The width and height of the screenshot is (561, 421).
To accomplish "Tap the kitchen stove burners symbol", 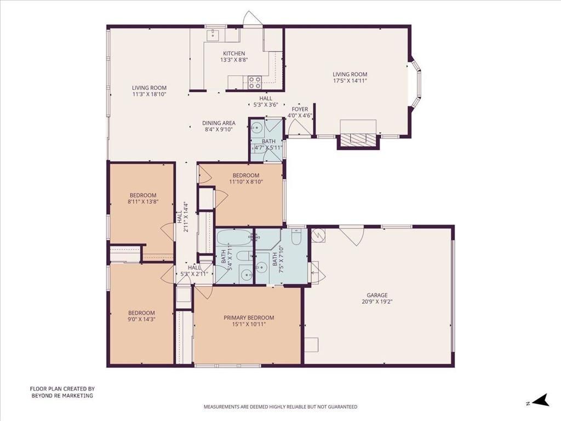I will [255, 82].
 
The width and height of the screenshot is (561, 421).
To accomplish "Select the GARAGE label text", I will [377, 295].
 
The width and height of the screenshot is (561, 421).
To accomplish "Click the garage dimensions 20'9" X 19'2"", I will [377, 301].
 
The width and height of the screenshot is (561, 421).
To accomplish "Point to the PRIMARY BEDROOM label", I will [249, 317].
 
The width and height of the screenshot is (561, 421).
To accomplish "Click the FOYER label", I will [300, 109].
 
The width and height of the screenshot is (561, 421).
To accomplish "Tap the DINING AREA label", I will [219, 123].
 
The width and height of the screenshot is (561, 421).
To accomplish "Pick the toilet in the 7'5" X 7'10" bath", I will [296, 237].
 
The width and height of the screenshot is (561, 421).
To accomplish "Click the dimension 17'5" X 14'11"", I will [350, 81].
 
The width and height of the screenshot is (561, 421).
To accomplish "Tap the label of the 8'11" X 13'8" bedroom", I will [143, 195].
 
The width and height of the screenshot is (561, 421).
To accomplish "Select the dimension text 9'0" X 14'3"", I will [142, 320].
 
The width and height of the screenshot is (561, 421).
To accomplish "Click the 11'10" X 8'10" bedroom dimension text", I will [246, 181].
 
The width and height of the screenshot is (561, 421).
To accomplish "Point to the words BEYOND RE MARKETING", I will [61, 395].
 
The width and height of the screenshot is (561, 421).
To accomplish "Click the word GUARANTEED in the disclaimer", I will [340, 407].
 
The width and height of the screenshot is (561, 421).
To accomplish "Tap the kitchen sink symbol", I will [212, 35].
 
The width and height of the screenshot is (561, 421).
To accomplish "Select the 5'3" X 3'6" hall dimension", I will [262, 104].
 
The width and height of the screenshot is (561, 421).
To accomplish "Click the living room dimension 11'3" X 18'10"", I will [149, 94].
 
